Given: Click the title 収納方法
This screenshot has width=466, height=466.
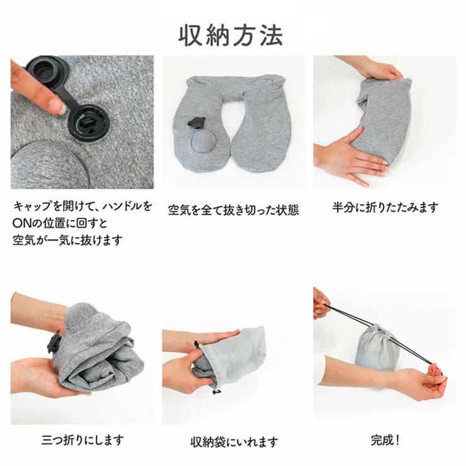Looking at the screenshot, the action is tap(230, 36).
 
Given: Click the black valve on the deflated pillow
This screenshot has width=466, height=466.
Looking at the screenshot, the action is tap(196, 123).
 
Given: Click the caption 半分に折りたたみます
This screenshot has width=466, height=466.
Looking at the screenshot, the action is tap(385, 207).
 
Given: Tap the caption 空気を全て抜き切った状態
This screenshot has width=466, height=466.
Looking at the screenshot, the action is tap(233, 210).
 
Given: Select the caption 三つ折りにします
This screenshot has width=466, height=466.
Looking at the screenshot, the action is tap(82, 440).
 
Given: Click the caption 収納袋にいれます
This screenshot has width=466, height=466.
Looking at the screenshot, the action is tap(234, 442).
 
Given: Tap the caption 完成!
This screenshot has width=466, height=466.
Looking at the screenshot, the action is tap(385, 440).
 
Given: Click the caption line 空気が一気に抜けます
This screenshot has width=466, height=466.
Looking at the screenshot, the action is tap(67, 240).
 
